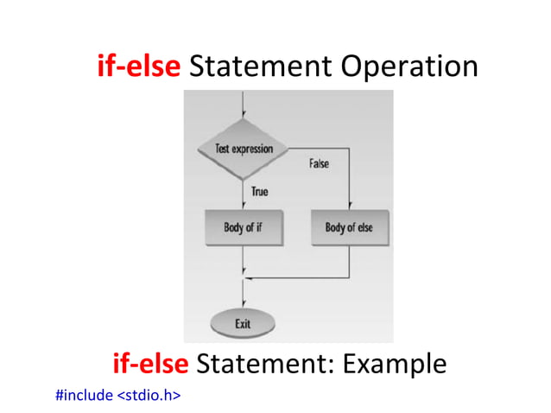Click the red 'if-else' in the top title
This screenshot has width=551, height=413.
point(139,67)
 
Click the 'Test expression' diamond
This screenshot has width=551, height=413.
point(244,149)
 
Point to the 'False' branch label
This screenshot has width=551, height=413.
point(319,162)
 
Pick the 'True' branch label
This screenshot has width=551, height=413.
point(259,190)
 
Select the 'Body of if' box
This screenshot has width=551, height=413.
point(244,228)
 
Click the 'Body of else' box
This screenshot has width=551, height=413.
point(349,228)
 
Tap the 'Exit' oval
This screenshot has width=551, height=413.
point(243,324)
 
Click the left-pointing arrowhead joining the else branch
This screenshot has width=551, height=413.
point(250,278)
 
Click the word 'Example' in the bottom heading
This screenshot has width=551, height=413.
point(395,364)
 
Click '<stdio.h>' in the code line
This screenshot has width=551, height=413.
point(149,396)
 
